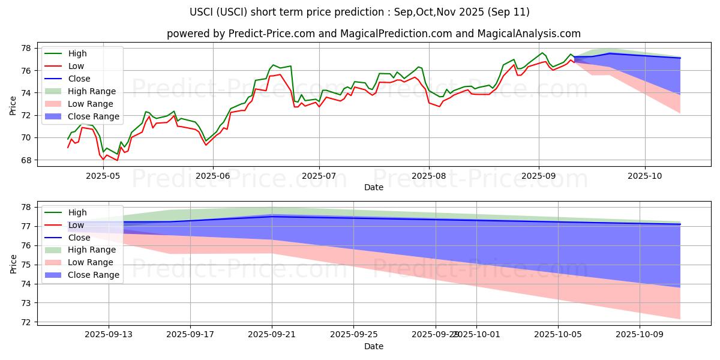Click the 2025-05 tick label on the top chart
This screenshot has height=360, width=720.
coord(103,175)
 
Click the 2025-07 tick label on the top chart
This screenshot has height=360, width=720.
coord(319,175)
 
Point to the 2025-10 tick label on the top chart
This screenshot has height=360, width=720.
coord(645,175)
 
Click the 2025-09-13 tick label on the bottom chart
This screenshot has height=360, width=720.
coord(109,335)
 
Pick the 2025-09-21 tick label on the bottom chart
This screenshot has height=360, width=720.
coord(272,335)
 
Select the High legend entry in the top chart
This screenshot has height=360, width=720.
coord(77,53)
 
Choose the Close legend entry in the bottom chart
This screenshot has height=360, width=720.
coord(79,238)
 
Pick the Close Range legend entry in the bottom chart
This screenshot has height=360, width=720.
coord(94,275)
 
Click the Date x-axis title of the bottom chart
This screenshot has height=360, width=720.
coord(374,346)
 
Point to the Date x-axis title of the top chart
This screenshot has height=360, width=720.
coord(374,187)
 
